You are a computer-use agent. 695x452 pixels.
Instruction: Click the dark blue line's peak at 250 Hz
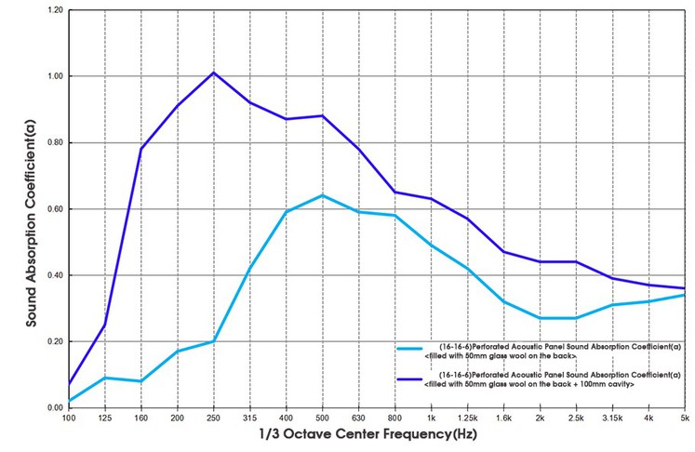pyautogui.click(x=214, y=73)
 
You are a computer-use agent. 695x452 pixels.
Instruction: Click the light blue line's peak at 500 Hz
pyautogui.click(x=322, y=195)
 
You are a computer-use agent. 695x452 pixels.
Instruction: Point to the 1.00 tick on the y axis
pyautogui.click(x=56, y=76)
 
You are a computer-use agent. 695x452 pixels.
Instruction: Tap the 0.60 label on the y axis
pyautogui.click(x=56, y=208)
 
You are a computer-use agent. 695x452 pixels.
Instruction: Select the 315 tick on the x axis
pyautogui.click(x=250, y=418)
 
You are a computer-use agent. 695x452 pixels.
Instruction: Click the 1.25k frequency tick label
pyautogui.click(x=468, y=418)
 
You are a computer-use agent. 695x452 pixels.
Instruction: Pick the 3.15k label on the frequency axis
pyautogui.click(x=612, y=418)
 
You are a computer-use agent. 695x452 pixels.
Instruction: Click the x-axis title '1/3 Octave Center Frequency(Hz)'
pyautogui.click(x=368, y=434)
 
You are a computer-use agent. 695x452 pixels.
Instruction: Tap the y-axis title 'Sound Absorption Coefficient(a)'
pyautogui.click(x=31, y=224)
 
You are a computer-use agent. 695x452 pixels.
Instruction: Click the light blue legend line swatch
pyautogui.click(x=409, y=349)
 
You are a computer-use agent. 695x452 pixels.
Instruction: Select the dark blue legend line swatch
pyautogui.click(x=409, y=379)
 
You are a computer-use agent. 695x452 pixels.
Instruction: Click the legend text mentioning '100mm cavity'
pyautogui.click(x=553, y=379)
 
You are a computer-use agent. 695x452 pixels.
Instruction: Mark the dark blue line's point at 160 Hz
pyautogui.click(x=141, y=149)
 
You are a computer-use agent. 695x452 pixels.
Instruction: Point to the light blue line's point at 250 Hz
pyautogui.click(x=214, y=341)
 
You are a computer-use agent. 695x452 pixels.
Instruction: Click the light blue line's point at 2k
pyautogui.click(x=540, y=318)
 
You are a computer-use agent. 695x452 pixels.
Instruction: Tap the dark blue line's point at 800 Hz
pyautogui.click(x=394, y=192)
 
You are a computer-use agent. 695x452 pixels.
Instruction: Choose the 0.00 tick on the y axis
pyautogui.click(x=56, y=407)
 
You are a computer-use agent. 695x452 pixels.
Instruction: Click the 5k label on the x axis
pyautogui.click(x=686, y=418)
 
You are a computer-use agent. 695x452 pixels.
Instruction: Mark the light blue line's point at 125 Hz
pyautogui.click(x=105, y=378)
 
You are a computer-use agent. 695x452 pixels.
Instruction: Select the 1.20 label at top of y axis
pyautogui.click(x=56, y=9)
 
